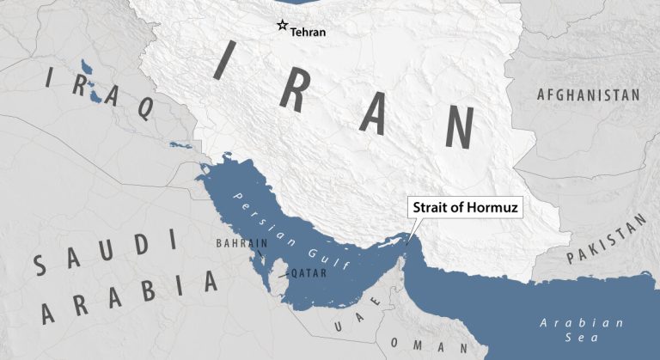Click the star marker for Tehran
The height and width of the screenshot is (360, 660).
click(281, 26)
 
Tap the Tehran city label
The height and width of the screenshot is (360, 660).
click(308, 32)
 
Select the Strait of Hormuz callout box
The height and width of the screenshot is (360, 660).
click(466, 208)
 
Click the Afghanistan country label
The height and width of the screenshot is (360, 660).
click(588, 95)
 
